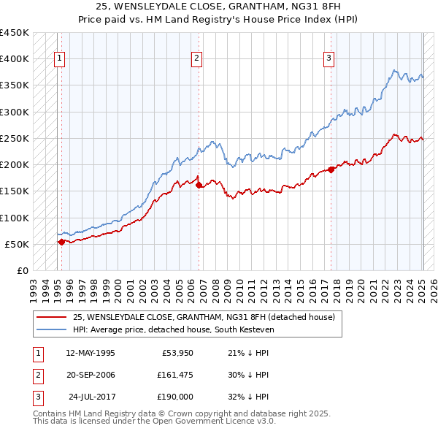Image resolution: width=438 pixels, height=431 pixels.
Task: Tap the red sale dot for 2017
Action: pos(331,169)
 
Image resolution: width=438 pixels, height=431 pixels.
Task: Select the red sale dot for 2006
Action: pos(199,185)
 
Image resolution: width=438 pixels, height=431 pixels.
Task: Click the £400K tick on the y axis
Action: pos(15,59)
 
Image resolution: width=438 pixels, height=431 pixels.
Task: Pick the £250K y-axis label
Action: pos(15,138)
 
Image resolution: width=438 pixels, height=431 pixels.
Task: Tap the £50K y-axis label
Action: pos(18,244)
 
